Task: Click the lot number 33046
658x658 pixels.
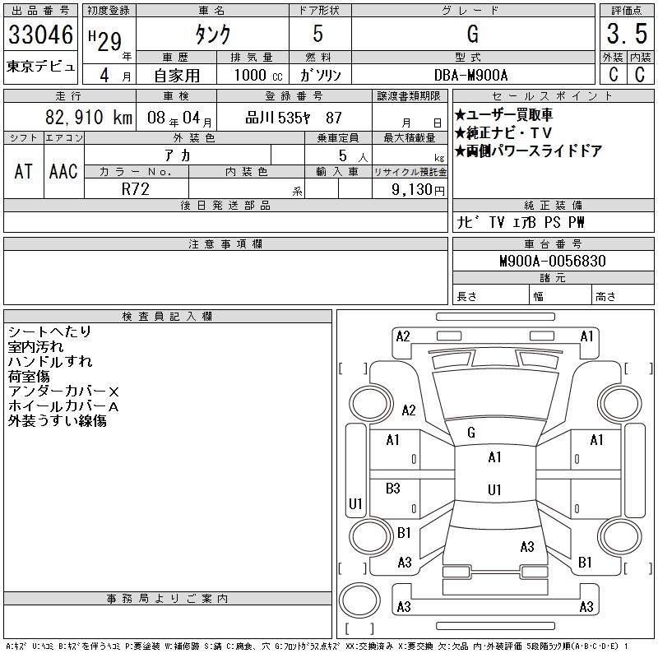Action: click(x=41, y=35)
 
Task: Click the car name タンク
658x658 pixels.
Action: click(x=211, y=35)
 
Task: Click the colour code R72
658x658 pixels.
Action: click(x=136, y=188)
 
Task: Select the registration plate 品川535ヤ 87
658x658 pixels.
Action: click(x=294, y=118)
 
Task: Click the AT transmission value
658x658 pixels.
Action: click(x=24, y=171)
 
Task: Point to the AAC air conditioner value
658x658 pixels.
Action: click(x=63, y=171)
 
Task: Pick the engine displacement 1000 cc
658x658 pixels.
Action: click(x=257, y=75)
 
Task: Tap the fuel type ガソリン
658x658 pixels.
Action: click(x=320, y=75)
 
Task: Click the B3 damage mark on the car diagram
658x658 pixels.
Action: click(x=393, y=489)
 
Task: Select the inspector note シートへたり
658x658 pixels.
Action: click(x=49, y=331)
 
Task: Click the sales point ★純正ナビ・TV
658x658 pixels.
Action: click(x=503, y=133)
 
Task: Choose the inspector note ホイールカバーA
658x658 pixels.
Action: click(x=63, y=406)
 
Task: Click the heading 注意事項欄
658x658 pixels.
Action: click(x=225, y=244)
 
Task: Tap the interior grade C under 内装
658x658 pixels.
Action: click(x=640, y=74)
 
